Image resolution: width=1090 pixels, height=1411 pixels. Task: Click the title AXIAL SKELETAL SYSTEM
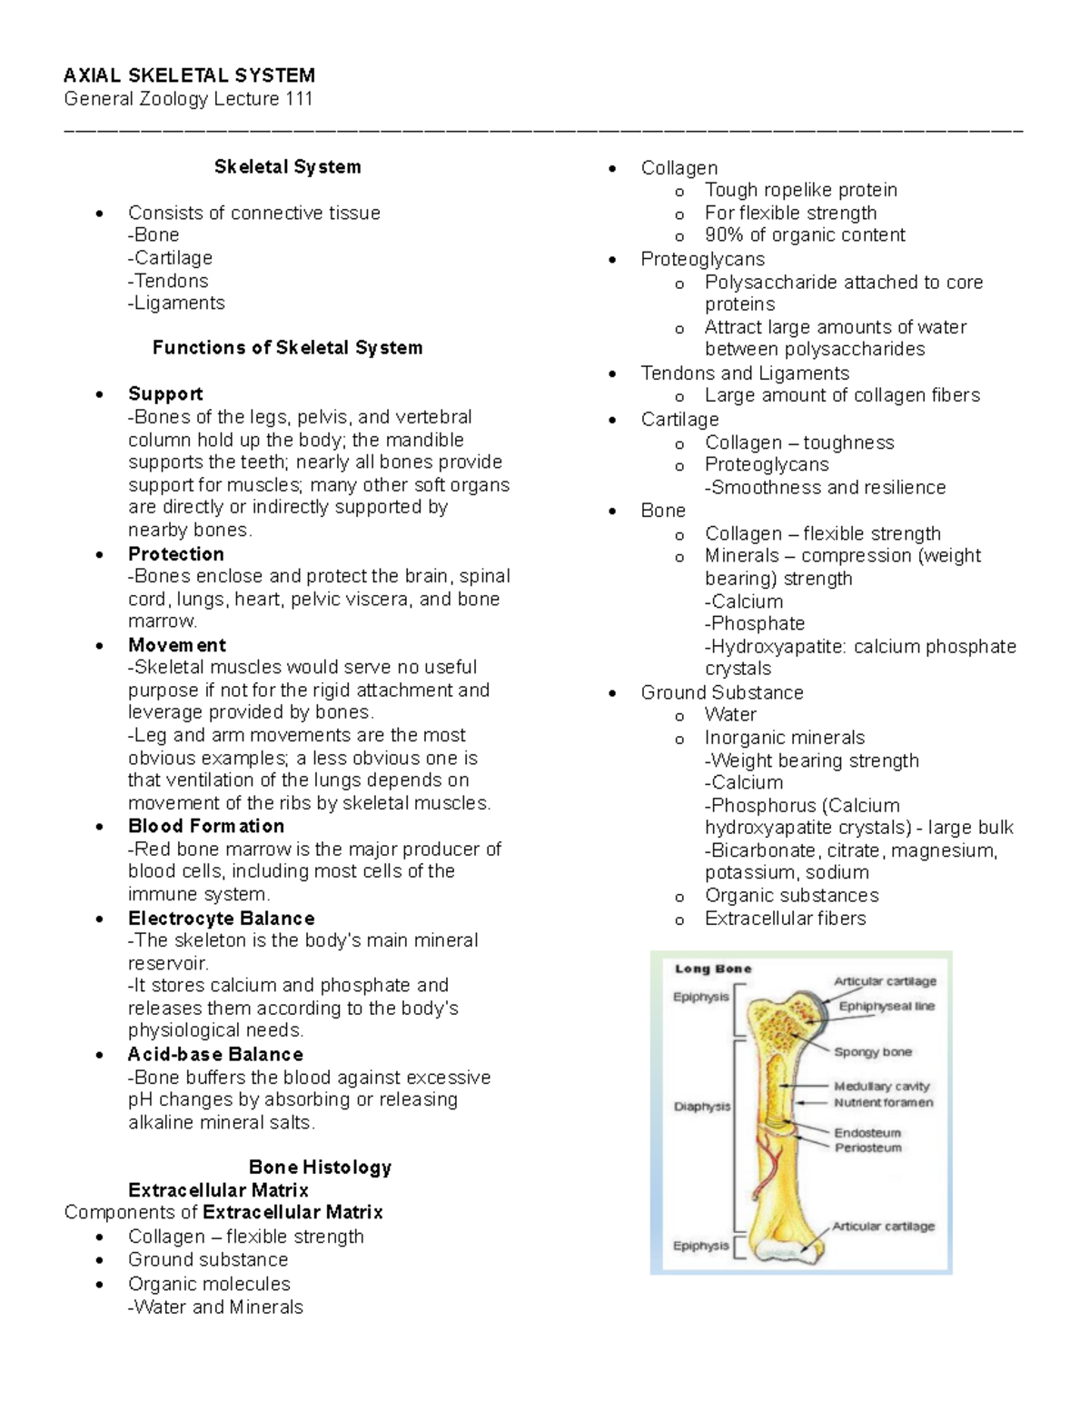point(189,75)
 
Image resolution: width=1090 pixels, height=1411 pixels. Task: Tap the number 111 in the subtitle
point(299,99)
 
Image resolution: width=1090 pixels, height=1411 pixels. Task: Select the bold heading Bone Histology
point(320,1168)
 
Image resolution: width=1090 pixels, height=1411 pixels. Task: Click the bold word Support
point(165,394)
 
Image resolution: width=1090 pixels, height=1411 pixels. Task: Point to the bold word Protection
point(176,554)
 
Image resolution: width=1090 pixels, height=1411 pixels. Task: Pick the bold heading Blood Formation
point(206,826)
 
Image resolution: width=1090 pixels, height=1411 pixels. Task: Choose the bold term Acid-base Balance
point(215,1055)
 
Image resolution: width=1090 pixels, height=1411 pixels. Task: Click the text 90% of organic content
point(805,235)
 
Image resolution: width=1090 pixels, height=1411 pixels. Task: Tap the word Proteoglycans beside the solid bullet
point(702,259)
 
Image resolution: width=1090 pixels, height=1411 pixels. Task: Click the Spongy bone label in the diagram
point(873,1052)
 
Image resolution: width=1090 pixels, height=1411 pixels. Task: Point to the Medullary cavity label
point(882,1086)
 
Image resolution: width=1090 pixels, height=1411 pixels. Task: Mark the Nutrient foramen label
point(883,1103)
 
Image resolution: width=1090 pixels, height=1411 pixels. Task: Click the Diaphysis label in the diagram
point(701,1107)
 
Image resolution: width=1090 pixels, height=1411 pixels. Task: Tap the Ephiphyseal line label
point(887,1007)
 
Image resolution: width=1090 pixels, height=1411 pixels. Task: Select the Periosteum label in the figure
point(868,1148)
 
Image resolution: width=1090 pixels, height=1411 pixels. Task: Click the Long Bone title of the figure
point(713,969)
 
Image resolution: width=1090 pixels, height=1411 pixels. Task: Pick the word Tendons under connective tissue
point(171,281)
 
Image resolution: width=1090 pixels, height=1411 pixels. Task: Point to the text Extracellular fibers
point(785,919)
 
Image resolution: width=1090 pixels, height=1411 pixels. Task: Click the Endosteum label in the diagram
point(867,1133)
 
